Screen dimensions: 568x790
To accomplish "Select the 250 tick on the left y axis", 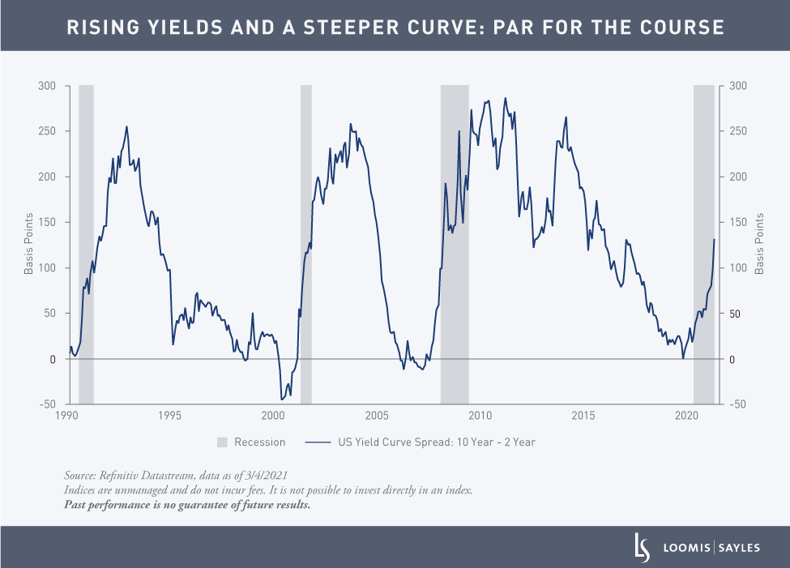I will click(49, 131).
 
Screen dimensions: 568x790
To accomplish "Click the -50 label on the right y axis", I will click(741, 404).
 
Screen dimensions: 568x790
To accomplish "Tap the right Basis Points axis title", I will click(760, 243).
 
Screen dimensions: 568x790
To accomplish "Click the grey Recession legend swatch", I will click(222, 442).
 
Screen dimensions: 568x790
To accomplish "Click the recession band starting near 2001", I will click(306, 243).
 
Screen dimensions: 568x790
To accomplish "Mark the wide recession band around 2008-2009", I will click(455, 243).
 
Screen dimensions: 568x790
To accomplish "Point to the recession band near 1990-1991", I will click(86, 243).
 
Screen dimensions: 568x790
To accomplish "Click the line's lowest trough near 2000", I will click(282, 399).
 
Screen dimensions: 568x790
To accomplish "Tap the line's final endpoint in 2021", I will click(714, 240).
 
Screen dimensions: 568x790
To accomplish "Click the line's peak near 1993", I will click(126, 126).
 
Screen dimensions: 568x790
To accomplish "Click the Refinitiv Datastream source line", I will click(176, 475).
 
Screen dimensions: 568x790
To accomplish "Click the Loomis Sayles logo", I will click(696, 548).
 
